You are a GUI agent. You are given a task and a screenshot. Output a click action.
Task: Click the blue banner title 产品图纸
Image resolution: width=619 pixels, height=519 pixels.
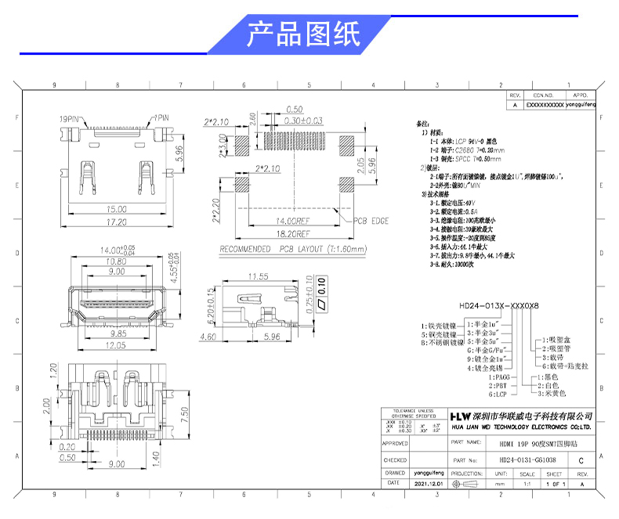click(x=303, y=35)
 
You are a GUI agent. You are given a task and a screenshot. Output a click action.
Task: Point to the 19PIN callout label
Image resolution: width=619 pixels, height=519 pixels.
click(x=71, y=118)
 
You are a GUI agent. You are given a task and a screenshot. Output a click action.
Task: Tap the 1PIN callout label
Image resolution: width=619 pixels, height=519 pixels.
click(x=161, y=118)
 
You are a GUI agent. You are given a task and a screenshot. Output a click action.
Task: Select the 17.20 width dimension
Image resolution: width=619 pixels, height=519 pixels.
click(x=118, y=222)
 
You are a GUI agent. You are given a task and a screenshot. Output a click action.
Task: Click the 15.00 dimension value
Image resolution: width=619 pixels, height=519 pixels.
click(x=118, y=209)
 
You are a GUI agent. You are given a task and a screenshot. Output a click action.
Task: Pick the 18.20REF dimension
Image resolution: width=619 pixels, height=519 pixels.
click(x=290, y=233)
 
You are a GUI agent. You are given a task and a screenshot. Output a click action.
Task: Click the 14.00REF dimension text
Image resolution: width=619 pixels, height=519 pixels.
click(x=290, y=221)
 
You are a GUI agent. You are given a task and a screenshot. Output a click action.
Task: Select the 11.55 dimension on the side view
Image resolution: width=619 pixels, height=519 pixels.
click(x=258, y=276)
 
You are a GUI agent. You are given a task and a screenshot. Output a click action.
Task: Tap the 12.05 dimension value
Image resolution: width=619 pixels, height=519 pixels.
click(x=116, y=345)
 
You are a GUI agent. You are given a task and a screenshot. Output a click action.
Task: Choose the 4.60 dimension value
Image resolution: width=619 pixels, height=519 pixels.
click(x=208, y=337)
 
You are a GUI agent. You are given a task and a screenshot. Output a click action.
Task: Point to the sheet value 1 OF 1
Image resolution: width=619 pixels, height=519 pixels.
click(x=554, y=485)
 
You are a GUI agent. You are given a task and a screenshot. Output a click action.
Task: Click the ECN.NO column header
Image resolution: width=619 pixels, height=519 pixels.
click(x=544, y=94)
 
